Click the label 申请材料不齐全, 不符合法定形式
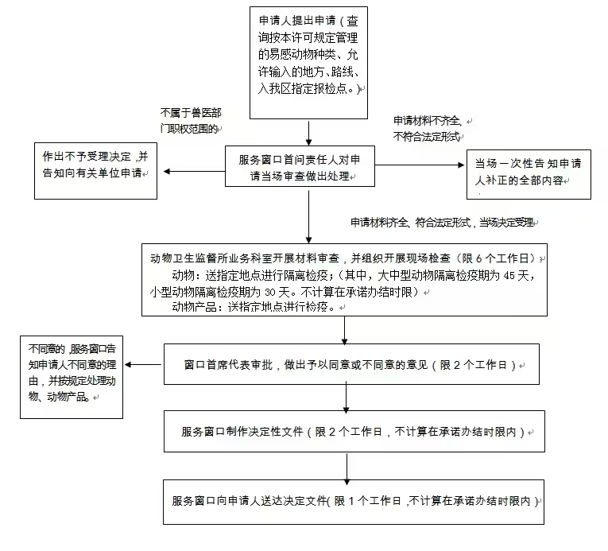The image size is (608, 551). click(429, 128)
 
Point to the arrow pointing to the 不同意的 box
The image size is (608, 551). click(144, 365)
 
